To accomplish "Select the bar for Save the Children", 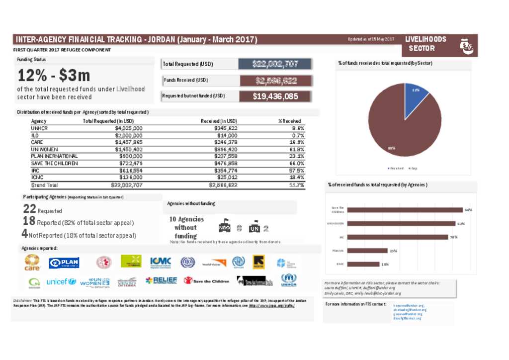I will (x=402, y=210).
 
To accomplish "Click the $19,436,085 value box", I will (x=275, y=96).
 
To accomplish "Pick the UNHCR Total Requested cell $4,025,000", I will (x=128, y=128).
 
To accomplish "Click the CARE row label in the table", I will (x=37, y=142).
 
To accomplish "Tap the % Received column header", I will (x=290, y=121).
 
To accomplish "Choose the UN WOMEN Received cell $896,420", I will (x=223, y=149).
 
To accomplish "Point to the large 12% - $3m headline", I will (x=54, y=76).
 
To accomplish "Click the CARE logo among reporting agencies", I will (x=32, y=262).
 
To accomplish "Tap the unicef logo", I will (x=61, y=281).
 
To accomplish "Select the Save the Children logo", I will (x=206, y=281).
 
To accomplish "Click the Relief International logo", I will (x=161, y=281).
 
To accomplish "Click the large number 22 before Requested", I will (x=29, y=209).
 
